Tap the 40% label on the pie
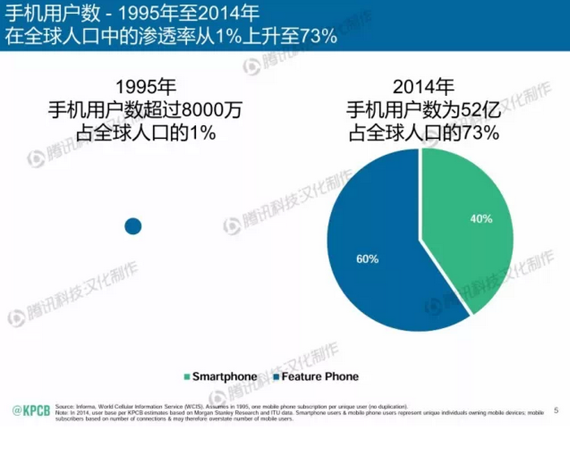[x=482, y=219]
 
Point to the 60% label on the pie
[x=368, y=260]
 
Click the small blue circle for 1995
[x=133, y=226]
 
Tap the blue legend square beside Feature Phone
[x=276, y=377]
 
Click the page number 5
[x=556, y=409]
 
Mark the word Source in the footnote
[x=64, y=405]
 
